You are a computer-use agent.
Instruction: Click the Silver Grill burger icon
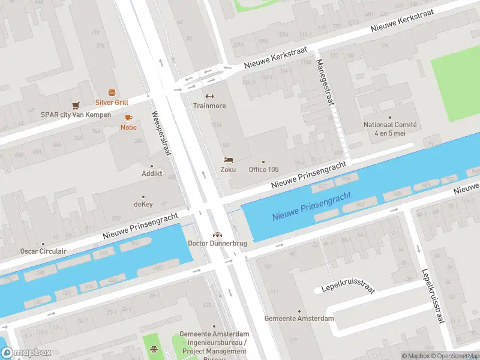click(x=112, y=92)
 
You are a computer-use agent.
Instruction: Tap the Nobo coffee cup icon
click(x=128, y=118)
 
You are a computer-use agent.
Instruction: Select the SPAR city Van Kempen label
click(x=76, y=115)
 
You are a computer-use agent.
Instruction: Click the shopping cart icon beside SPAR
click(x=76, y=105)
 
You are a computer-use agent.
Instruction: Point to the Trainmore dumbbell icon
click(x=209, y=96)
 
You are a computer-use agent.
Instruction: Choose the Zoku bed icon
click(x=227, y=160)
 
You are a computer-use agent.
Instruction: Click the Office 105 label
click(x=263, y=169)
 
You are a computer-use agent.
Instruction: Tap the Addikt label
click(x=152, y=173)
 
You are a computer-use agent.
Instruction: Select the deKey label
click(x=143, y=204)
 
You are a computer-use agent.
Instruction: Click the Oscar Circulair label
click(x=43, y=251)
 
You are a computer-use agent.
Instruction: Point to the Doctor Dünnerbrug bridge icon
click(x=218, y=234)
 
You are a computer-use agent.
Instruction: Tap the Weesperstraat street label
click(x=161, y=133)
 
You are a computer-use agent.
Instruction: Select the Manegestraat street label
click(x=324, y=82)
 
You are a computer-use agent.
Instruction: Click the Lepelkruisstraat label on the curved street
click(x=347, y=288)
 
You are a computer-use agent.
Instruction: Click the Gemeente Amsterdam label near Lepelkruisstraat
click(x=299, y=318)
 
